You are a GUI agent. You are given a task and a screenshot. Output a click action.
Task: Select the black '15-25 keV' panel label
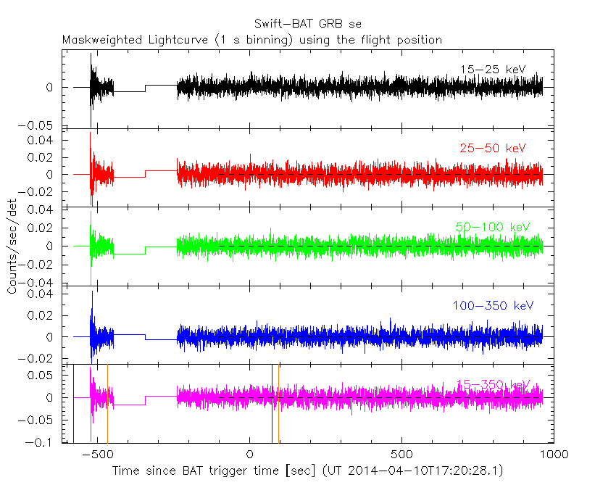(x=492, y=70)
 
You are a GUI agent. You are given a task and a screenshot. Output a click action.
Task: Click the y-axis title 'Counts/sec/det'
(x=13, y=246)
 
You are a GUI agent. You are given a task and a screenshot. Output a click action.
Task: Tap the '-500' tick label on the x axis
(x=94, y=453)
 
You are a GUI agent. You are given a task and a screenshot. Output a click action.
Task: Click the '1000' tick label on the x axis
(x=554, y=453)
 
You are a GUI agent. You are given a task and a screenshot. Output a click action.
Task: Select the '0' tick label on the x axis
(x=249, y=453)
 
